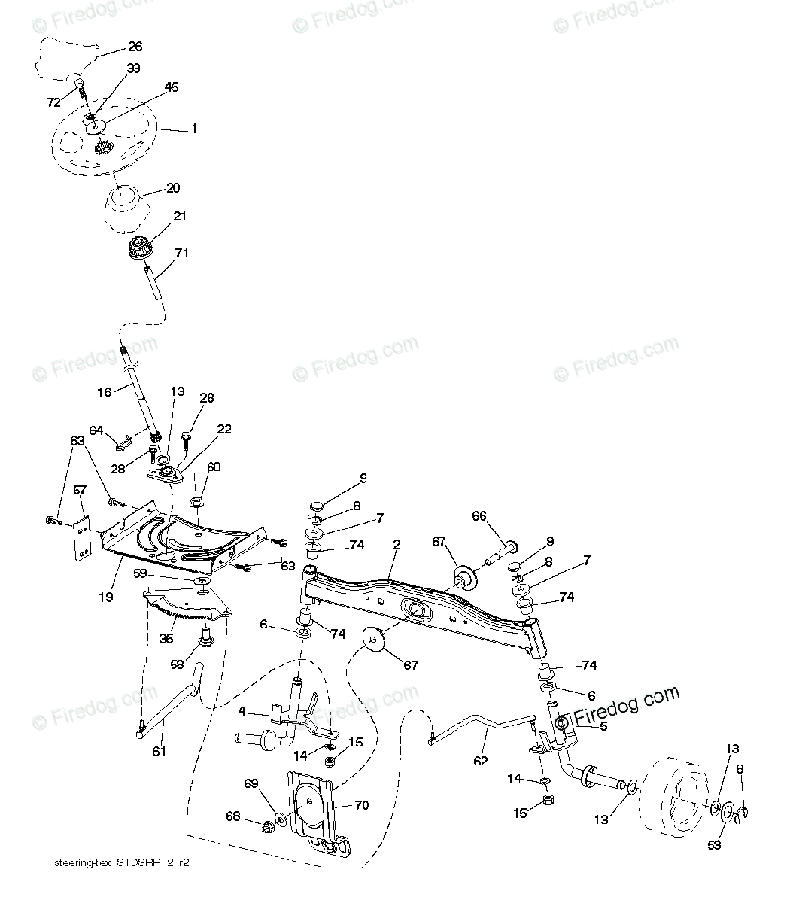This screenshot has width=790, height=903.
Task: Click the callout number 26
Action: coord(135,47)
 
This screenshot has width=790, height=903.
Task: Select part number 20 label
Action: coord(173,188)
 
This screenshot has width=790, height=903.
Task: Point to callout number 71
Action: coord(181,254)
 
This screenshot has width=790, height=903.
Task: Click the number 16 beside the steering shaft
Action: coord(104,392)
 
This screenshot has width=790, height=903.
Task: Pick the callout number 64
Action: coord(96,430)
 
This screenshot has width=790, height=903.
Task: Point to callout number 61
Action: coord(160,751)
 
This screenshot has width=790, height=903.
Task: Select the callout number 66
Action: coord(479,516)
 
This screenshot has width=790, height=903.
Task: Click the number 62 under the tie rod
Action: coord(480,761)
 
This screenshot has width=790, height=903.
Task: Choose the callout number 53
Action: coord(714,845)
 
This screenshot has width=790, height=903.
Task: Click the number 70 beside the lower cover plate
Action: coord(361,805)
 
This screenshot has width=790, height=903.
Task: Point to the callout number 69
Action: coord(252,784)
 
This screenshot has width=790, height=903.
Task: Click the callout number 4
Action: coord(242,710)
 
